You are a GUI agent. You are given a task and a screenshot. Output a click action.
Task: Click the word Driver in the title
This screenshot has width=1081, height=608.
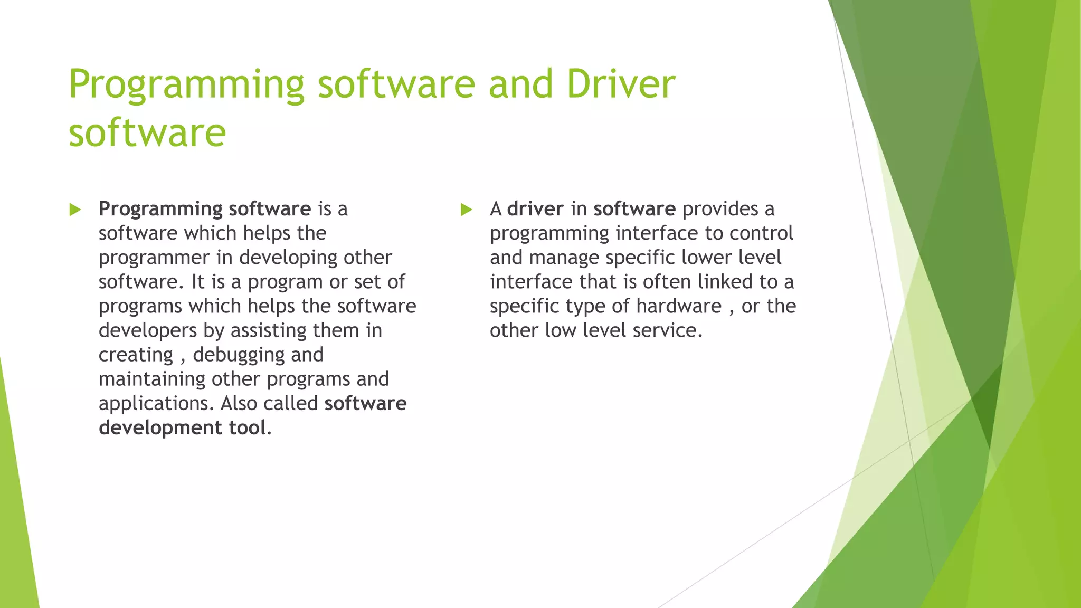click(621, 84)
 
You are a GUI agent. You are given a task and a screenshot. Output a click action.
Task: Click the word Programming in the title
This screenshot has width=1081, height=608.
click(186, 85)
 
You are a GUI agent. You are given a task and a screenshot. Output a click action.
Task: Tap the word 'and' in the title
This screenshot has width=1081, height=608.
click(520, 84)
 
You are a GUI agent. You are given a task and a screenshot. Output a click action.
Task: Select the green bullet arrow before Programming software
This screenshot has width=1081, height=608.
click(75, 210)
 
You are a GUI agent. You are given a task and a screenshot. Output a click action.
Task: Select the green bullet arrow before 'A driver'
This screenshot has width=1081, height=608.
click(466, 210)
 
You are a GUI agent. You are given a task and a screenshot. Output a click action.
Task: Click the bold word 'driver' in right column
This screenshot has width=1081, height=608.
click(535, 209)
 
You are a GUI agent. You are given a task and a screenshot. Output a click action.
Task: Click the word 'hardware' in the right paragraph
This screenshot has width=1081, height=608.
click(678, 306)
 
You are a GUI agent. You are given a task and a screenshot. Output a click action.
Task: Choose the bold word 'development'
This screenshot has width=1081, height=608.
click(160, 428)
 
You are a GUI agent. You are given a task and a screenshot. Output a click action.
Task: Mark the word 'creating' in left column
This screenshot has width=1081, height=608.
click(136, 355)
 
